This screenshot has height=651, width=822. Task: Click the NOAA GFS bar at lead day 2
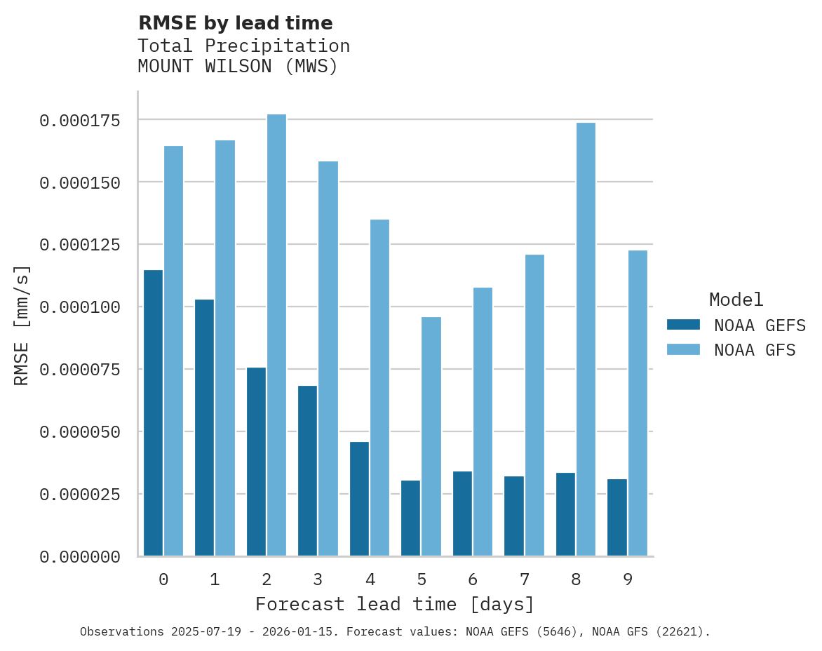tap(276, 335)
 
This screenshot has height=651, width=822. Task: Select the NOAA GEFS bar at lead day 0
tap(153, 413)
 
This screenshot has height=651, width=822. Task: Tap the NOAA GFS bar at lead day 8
tap(586, 340)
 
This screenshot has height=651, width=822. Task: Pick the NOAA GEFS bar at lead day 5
tap(411, 518)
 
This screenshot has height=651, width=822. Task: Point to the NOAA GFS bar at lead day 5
tap(431, 436)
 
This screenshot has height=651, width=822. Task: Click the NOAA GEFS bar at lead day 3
tap(308, 471)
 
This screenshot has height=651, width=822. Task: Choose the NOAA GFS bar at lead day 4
tap(379, 388)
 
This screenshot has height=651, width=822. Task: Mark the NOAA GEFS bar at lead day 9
tap(617, 518)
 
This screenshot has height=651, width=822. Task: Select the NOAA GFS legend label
tap(755, 350)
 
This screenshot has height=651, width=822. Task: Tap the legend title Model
tap(736, 300)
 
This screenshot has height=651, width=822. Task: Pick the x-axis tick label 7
tap(524, 579)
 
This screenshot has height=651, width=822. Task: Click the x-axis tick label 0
tap(163, 579)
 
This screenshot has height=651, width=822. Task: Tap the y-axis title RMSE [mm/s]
tap(22, 325)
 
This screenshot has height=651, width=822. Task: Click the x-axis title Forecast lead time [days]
tap(395, 605)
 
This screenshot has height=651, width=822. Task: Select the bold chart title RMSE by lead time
tap(235, 23)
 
